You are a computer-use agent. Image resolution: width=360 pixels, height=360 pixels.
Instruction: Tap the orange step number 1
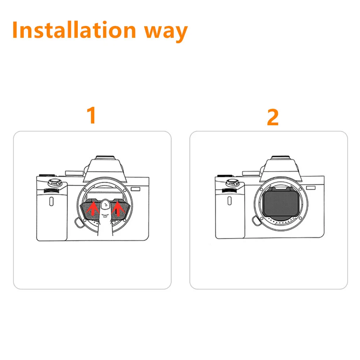92,115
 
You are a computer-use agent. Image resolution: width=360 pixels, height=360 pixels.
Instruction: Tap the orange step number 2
273,117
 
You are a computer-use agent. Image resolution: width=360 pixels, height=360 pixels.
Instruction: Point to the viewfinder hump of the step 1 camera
105,169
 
